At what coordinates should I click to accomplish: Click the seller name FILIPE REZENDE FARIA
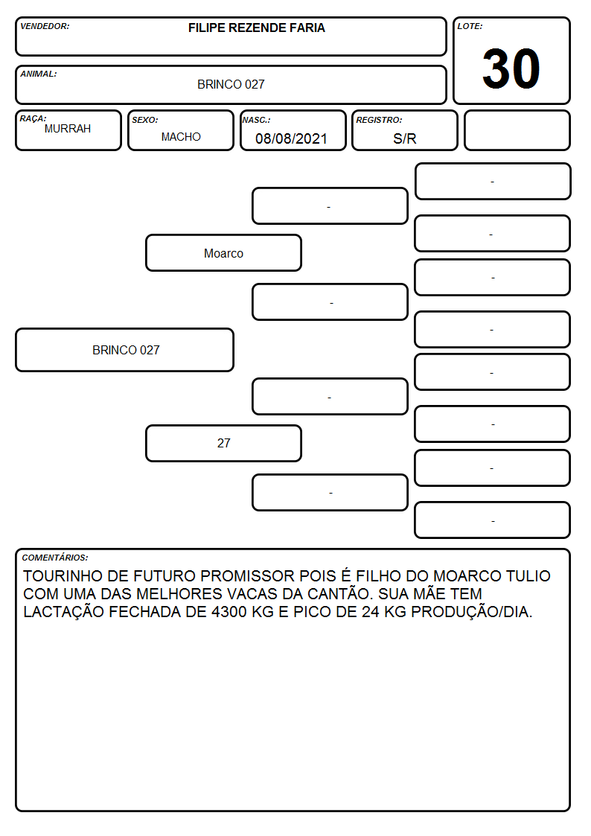point(256,28)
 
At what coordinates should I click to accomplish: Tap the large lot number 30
point(511,68)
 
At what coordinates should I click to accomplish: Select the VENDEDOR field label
point(45,26)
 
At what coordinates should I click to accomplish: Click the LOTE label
point(470,26)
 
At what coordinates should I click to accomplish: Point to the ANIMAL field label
point(39,74)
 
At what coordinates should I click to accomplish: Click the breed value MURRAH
point(68,129)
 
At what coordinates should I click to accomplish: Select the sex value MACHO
point(181,137)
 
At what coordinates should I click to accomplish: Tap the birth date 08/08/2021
point(291,138)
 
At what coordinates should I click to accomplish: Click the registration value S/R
point(404,138)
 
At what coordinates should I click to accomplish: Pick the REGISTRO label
point(379,121)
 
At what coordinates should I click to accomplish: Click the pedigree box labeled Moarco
point(224,253)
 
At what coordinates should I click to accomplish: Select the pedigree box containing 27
point(224,443)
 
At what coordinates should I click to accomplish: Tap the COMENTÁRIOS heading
point(55,558)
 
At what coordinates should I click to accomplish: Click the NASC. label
point(256,121)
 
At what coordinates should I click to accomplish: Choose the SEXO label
point(145,121)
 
